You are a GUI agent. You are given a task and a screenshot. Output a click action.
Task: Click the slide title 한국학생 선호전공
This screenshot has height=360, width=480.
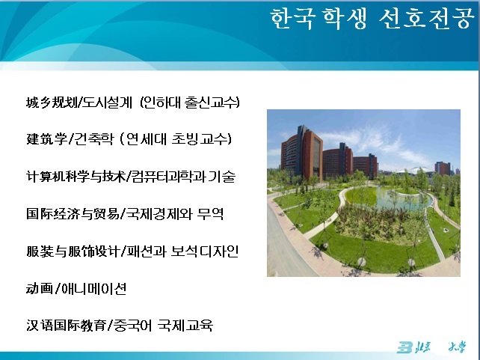point(372,19)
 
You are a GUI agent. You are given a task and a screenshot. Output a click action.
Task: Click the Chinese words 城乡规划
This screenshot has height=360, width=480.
point(52,103)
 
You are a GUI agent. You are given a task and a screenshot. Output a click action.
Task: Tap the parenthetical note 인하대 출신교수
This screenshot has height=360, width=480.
point(190,103)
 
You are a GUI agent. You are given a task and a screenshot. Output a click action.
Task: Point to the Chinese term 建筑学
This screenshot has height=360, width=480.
point(46,139)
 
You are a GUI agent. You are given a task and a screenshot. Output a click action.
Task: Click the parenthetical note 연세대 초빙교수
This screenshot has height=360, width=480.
point(175,139)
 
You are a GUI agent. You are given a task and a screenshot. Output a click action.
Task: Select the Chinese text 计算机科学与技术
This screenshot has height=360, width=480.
point(76,177)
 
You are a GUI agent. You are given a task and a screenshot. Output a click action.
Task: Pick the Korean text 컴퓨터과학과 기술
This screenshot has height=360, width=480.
point(183,177)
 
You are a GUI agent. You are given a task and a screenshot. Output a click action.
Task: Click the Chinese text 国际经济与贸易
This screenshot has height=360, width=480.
point(73,213)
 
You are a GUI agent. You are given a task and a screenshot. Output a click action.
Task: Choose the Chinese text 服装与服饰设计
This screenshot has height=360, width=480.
point(73,251)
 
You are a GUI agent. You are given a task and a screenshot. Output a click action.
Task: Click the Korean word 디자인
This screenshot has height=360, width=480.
point(219,251)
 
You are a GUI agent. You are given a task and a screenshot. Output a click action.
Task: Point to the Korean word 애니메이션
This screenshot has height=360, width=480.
point(93,288)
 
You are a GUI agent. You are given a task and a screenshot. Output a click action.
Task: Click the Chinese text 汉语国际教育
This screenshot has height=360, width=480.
point(66,326)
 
